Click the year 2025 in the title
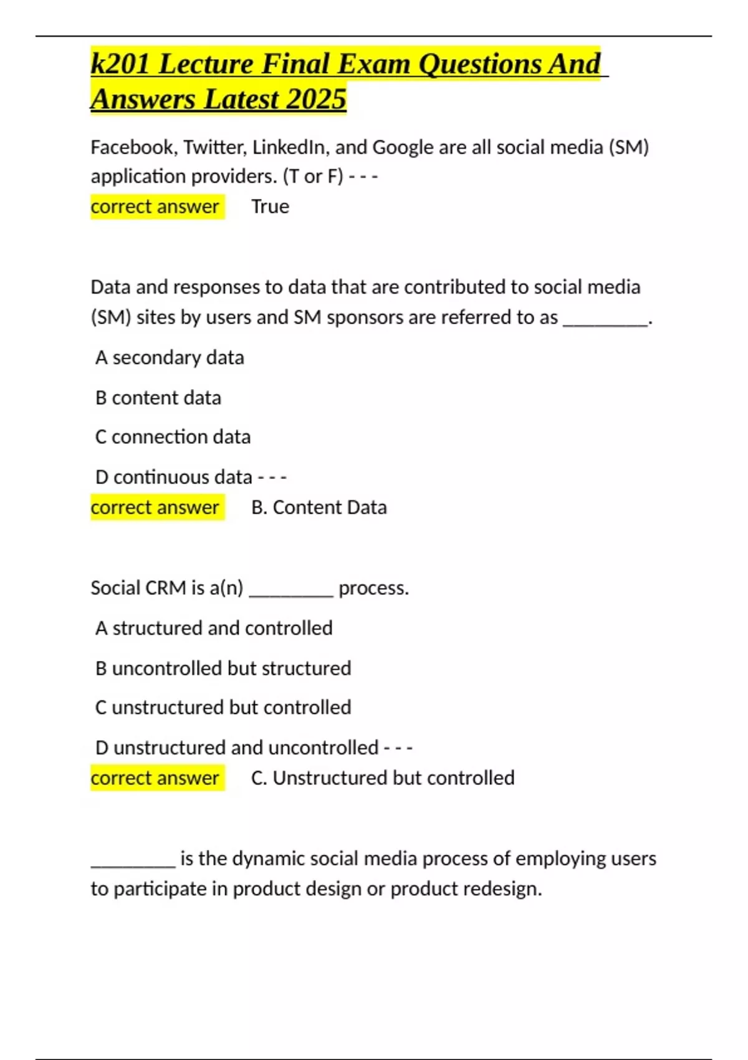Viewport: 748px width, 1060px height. (x=315, y=99)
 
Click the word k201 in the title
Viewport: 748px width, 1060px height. (x=120, y=64)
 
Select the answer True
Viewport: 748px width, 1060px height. (x=270, y=206)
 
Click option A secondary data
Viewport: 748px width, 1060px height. (x=170, y=357)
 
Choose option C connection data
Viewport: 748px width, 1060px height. (x=173, y=436)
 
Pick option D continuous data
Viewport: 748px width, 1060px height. (x=174, y=477)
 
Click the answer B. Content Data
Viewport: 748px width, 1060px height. (x=319, y=507)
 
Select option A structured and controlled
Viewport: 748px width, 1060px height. (x=214, y=628)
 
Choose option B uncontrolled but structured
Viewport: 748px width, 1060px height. (x=223, y=668)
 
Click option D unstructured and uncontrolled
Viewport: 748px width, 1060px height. (x=237, y=747)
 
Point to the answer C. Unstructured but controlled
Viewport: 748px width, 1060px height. (x=383, y=778)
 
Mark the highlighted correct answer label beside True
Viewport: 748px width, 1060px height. (x=155, y=206)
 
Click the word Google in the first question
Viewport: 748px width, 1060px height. (x=403, y=147)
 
